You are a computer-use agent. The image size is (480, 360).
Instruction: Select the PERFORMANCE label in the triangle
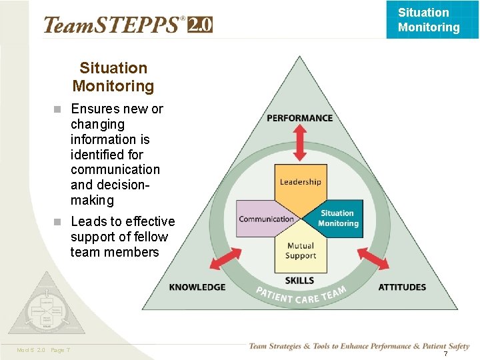click(299, 118)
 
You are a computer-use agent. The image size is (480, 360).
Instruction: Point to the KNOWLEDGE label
click(197, 287)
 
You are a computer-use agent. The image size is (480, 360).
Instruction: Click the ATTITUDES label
click(402, 287)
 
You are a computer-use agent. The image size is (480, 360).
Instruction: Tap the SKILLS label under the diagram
click(299, 281)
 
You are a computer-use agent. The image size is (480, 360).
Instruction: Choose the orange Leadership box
click(300, 183)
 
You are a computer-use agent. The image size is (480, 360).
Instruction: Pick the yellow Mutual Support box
click(300, 250)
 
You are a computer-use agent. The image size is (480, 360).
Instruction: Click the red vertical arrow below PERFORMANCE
click(300, 143)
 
